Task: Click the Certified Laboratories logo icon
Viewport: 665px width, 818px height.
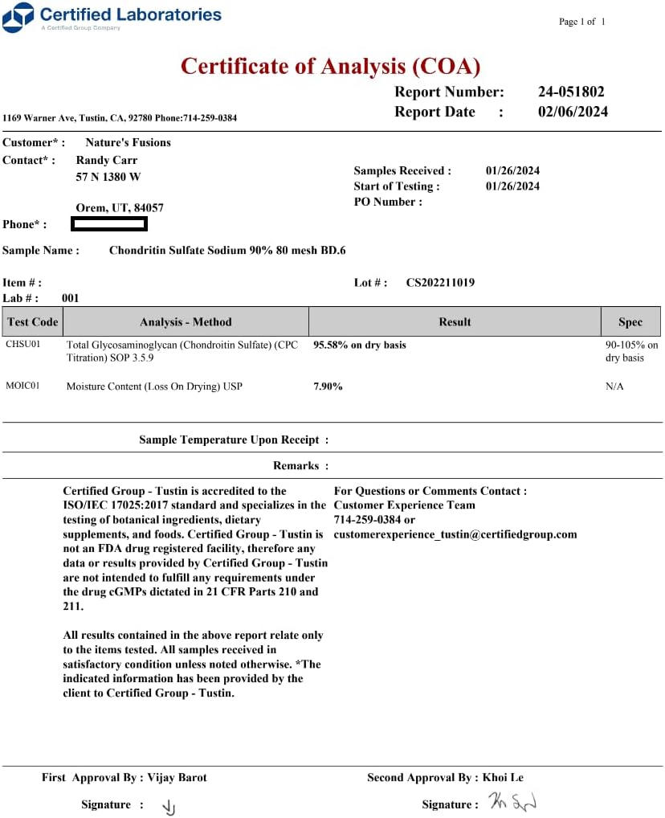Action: click(18, 17)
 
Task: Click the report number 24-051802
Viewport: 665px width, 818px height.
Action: click(570, 92)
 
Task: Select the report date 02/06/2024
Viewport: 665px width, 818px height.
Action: click(573, 112)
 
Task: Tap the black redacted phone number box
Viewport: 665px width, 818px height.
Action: click(109, 224)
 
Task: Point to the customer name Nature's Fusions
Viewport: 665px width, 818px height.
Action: click(128, 142)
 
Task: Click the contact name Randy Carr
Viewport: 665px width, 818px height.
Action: click(106, 160)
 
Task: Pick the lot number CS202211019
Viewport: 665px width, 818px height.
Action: click(440, 282)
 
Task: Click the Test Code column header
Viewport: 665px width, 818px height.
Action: click(32, 321)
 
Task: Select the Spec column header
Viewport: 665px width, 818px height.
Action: click(630, 321)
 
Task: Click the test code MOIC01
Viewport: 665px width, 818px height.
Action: click(23, 387)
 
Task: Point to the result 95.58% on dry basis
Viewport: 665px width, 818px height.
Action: click(359, 345)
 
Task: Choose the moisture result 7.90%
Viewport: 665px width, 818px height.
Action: click(328, 387)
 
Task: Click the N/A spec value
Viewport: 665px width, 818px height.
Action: click(614, 387)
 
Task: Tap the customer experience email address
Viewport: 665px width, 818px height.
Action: click(455, 534)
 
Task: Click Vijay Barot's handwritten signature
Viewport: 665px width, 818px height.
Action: click(169, 807)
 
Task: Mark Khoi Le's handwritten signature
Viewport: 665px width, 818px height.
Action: click(512, 802)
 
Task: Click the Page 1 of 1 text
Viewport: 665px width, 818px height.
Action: click(582, 22)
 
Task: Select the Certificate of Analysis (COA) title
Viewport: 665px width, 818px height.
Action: click(330, 66)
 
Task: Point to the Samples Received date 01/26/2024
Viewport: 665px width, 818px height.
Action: click(512, 170)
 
